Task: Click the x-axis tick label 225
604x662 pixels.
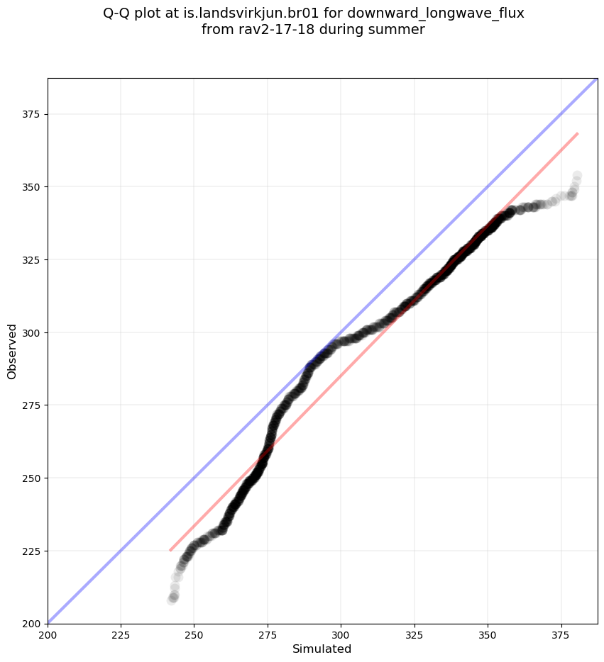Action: pos(121,634)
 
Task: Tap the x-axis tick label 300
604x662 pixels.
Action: pos(341,634)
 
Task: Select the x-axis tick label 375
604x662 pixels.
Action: pos(561,634)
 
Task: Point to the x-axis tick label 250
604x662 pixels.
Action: pos(194,634)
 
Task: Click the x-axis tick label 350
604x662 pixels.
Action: pos(488,634)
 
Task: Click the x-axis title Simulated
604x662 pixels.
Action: pos(322,649)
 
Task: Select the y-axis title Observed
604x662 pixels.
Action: pos(12,351)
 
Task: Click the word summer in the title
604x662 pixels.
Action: pos(402,30)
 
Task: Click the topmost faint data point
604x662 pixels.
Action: pos(577,175)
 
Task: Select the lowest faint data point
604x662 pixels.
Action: pos(172,600)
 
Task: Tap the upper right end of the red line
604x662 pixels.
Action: pos(577,133)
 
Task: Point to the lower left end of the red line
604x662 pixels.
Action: pos(170,550)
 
